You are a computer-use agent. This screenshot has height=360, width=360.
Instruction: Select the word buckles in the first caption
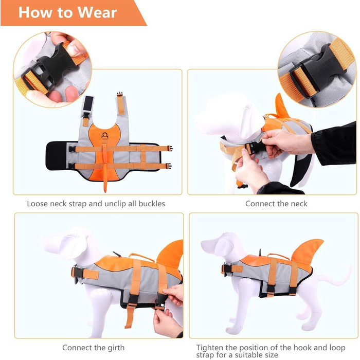(x=152, y=204)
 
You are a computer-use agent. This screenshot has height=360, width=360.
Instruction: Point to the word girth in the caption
(x=116, y=348)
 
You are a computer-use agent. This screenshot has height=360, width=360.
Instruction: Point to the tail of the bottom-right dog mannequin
(x=336, y=278)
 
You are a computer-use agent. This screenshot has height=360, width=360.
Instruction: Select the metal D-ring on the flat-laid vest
(x=105, y=135)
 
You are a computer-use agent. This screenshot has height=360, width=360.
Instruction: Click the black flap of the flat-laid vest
(x=56, y=156)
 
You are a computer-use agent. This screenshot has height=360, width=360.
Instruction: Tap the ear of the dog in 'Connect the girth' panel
(x=73, y=243)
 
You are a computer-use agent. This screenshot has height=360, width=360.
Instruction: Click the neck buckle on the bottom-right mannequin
(x=226, y=268)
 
